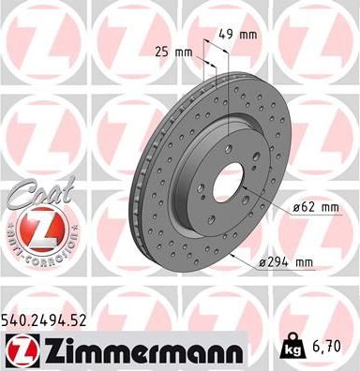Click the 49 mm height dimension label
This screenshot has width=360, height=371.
click(x=237, y=34)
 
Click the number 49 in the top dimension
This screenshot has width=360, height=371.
click(x=226, y=34)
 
